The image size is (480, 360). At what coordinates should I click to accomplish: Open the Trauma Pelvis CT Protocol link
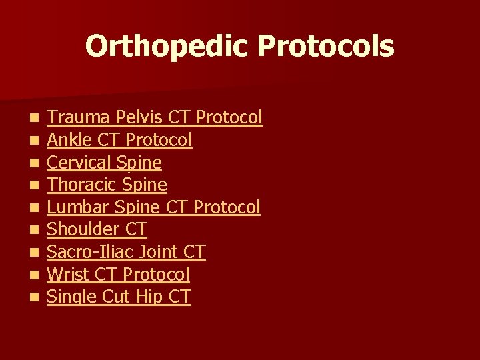coord(155,118)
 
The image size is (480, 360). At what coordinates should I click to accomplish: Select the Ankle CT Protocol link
coord(120,140)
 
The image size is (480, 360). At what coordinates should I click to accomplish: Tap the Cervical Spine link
coord(105,163)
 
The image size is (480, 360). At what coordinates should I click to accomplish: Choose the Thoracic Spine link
coord(107,185)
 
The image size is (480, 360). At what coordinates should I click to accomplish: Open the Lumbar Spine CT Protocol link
coord(153,207)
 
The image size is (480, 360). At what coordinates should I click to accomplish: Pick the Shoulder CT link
coord(97,229)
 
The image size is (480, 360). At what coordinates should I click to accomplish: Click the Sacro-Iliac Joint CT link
coord(127,252)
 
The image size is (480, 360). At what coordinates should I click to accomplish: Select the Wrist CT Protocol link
coord(119,274)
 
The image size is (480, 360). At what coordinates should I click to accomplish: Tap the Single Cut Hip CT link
coord(119,297)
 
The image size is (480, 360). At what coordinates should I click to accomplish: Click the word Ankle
coord(65,140)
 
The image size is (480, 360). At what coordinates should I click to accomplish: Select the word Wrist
coord(64,274)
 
